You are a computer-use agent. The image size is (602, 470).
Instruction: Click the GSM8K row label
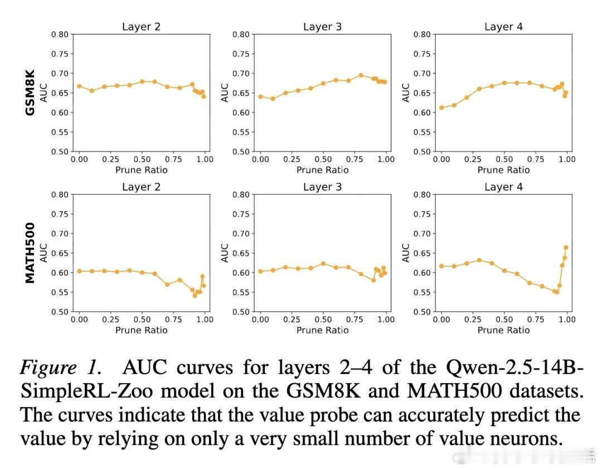tap(30, 92)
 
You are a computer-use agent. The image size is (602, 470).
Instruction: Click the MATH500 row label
tap(30, 253)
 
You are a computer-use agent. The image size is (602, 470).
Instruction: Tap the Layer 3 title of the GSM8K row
tap(322, 27)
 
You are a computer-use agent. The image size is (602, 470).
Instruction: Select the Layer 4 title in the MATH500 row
tap(503, 187)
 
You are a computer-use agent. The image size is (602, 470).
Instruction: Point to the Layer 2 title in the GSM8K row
tap(141, 27)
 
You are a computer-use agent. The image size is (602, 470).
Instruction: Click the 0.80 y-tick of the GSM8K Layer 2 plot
tap(60, 35)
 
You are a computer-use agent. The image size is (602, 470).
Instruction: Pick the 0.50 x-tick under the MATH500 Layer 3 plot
tap(323, 320)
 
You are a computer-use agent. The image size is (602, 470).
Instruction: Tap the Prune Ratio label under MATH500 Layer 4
tap(503, 330)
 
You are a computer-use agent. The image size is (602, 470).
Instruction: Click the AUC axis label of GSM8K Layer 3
tap(225, 92)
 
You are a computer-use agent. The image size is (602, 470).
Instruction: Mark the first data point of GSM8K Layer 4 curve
tap(441, 107)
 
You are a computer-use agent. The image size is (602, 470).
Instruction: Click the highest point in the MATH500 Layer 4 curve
tap(566, 247)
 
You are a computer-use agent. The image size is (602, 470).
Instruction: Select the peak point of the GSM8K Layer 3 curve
tap(361, 75)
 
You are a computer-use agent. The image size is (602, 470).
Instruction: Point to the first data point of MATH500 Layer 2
tap(79, 271)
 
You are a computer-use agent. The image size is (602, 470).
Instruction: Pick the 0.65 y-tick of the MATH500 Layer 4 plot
tap(423, 253)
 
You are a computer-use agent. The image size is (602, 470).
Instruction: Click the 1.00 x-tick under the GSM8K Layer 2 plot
tap(205, 159)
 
